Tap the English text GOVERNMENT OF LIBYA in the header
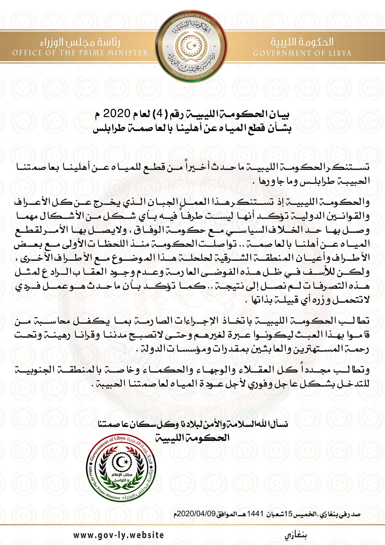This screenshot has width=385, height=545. tap(302, 53)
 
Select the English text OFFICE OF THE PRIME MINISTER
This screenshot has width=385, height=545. tap(80, 52)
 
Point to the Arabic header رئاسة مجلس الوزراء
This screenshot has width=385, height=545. tap(80, 42)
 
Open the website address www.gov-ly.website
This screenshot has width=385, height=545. tap(118, 535)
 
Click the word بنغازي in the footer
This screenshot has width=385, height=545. tap(296, 535)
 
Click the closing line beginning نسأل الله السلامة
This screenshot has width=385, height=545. tap(193, 424)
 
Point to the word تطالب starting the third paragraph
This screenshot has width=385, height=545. tap(356, 321)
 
